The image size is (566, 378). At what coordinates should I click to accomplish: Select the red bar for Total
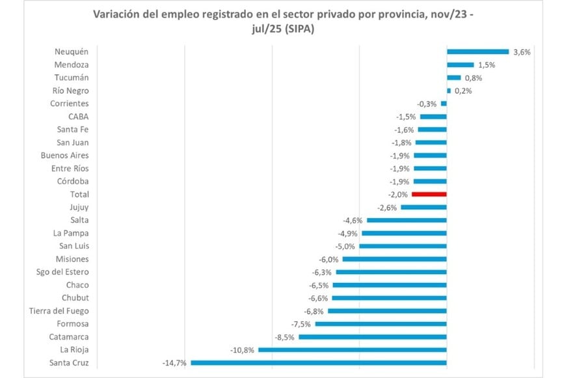[429, 194]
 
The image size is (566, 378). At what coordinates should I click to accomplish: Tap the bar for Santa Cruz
[318, 363]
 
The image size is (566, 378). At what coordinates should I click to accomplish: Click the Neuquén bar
[478, 51]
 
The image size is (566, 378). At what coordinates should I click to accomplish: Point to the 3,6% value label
[522, 51]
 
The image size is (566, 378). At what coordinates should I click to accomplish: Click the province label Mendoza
[72, 65]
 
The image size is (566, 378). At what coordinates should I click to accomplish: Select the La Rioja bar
[352, 350]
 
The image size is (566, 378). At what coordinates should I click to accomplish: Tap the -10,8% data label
[242, 350]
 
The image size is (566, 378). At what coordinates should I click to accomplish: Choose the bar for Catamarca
[372, 337]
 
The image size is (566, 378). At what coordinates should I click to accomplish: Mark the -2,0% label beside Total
[397, 194]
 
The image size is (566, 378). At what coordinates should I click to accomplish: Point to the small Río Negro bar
[449, 91]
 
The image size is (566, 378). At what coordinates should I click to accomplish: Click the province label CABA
[78, 117]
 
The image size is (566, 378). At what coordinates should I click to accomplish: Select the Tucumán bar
[453, 78]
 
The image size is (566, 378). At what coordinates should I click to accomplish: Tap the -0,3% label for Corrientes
[427, 104]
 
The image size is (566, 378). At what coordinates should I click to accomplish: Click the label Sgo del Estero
[64, 272]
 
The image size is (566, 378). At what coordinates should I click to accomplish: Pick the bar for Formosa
[381, 324]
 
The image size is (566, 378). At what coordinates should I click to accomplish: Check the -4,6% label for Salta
[352, 220]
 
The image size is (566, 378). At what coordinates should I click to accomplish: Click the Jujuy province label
[79, 207]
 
